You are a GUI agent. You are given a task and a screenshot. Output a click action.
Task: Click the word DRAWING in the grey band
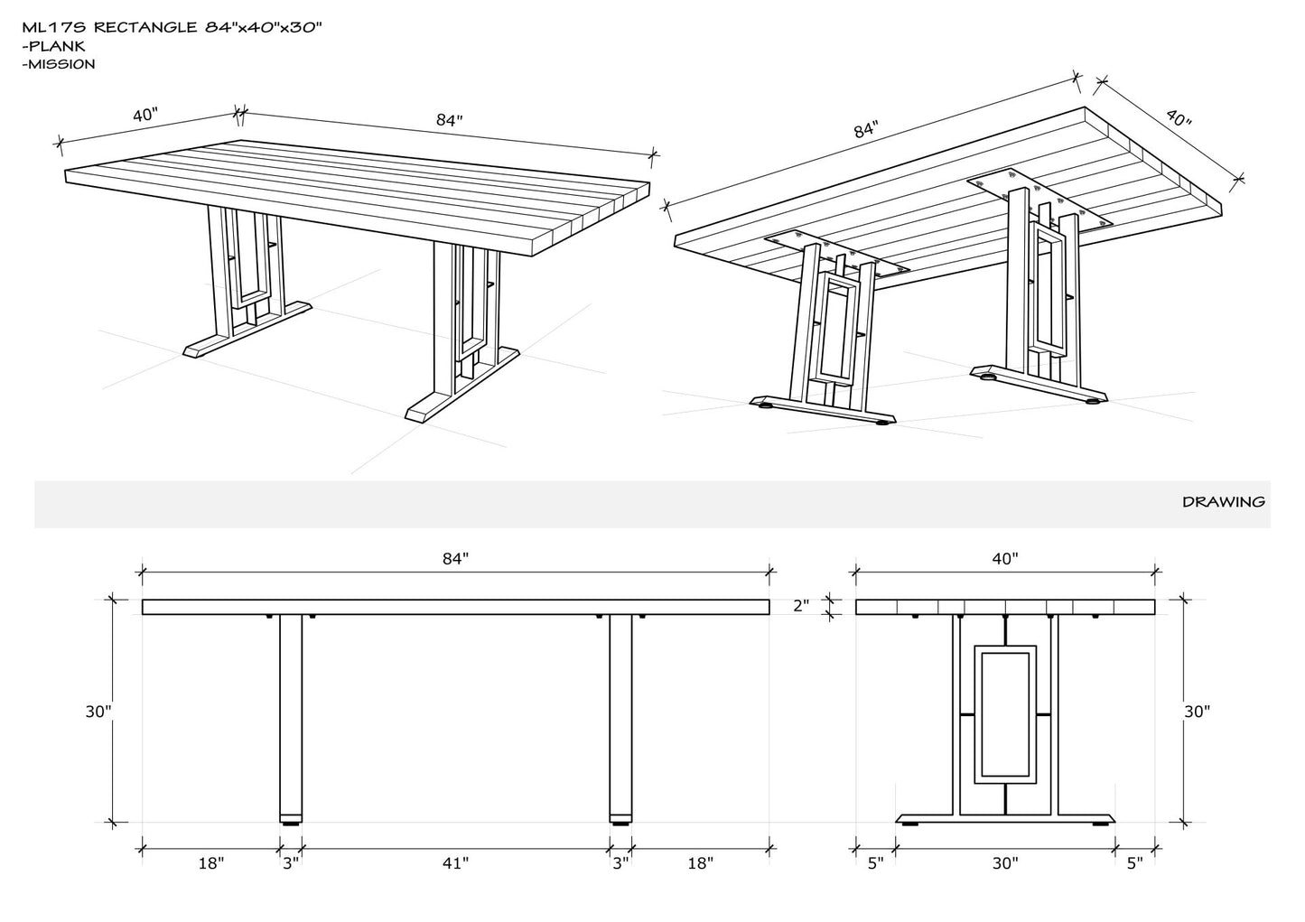tap(1223, 502)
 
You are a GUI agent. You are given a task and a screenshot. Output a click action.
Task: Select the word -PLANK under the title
tap(52, 46)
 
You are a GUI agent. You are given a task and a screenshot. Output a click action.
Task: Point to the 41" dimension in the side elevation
tap(455, 864)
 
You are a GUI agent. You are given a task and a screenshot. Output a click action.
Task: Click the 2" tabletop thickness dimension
tap(801, 606)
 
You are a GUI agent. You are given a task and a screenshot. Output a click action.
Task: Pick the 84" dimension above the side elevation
tap(455, 559)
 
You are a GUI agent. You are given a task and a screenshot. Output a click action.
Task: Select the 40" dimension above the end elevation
tap(1004, 559)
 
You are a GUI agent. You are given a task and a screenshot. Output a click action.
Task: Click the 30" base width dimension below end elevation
tap(1004, 864)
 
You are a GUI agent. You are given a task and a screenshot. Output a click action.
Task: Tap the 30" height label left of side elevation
tap(98, 711)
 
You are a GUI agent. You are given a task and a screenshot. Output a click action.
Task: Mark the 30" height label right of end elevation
tap(1197, 712)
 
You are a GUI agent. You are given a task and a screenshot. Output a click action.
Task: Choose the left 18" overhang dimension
tap(210, 864)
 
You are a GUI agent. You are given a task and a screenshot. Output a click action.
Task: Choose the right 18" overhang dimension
tap(699, 864)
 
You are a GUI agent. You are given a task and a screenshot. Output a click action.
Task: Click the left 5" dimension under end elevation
tap(875, 864)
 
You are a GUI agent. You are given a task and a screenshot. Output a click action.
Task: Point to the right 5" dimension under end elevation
tap(1134, 864)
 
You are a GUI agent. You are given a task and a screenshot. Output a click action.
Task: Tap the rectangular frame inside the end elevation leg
tap(1004, 713)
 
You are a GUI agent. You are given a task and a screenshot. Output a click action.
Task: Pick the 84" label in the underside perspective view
tap(865, 130)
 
